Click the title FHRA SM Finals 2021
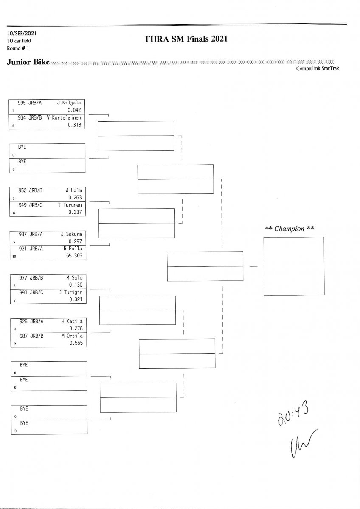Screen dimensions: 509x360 point(186,39)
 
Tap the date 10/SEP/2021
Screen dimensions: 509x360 point(19,33)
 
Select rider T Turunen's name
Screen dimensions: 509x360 point(70,205)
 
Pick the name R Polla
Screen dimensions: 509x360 point(72,249)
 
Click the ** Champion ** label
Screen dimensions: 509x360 point(290,229)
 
